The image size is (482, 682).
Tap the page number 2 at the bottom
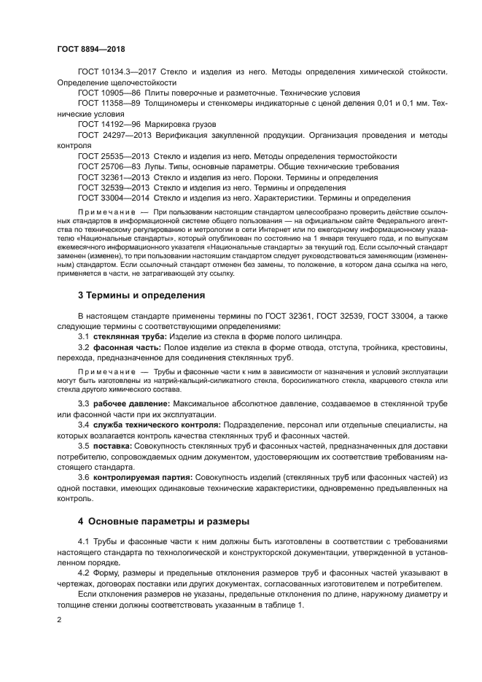pos(59,619)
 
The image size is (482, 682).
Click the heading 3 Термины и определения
pos(141,295)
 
